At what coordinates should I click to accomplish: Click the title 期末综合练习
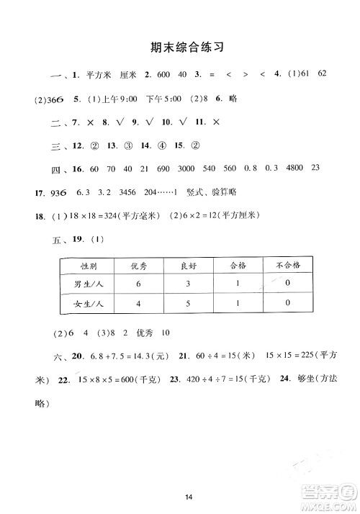tap(180, 48)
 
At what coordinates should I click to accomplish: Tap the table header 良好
tap(189, 266)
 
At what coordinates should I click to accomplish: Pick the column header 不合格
tap(287, 266)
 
